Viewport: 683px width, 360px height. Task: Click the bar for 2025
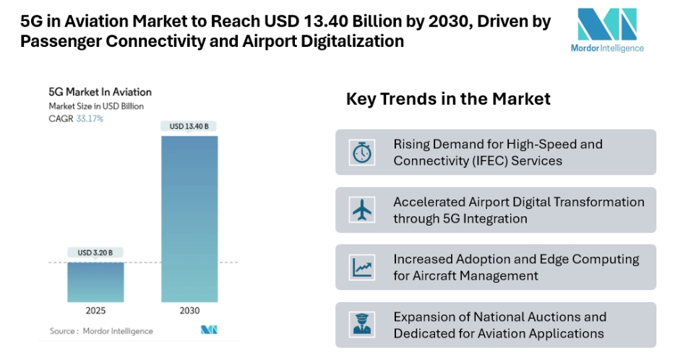point(95,281)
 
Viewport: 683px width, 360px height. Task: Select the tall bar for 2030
point(189,217)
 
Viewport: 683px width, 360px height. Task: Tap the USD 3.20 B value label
point(95,252)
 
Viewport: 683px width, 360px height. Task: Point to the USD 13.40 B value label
point(189,127)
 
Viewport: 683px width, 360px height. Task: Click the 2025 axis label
point(95,311)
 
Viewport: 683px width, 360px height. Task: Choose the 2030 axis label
point(189,311)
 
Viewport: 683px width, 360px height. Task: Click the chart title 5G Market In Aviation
point(100,92)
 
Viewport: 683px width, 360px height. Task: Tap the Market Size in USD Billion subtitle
point(96,106)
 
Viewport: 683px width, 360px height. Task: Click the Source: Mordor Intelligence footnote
point(101,331)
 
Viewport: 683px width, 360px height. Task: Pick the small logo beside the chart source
point(209,330)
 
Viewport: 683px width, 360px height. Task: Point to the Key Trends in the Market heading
point(448,99)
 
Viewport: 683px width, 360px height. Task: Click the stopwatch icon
point(360,153)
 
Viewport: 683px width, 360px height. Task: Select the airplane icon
point(360,210)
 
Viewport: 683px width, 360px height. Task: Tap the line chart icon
point(360,267)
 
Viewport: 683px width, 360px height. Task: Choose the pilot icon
point(360,325)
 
